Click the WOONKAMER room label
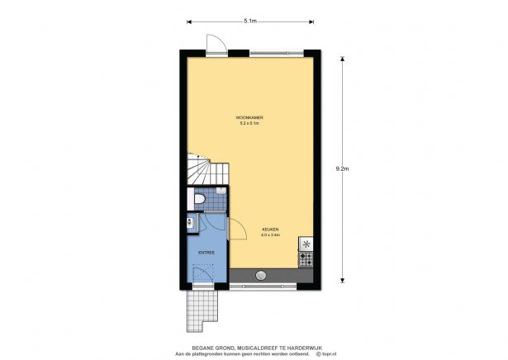pos(249,116)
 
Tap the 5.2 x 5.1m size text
pos(249,123)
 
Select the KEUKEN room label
pos(271,229)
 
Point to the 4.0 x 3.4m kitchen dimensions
pos(271,235)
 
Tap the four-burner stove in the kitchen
pos(306,258)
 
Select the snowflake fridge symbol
pos(306,244)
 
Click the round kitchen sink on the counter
pos(261,275)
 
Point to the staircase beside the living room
pos(202,171)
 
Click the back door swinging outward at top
pos(215,44)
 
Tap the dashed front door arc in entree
pos(203,272)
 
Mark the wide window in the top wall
pos(281,53)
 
